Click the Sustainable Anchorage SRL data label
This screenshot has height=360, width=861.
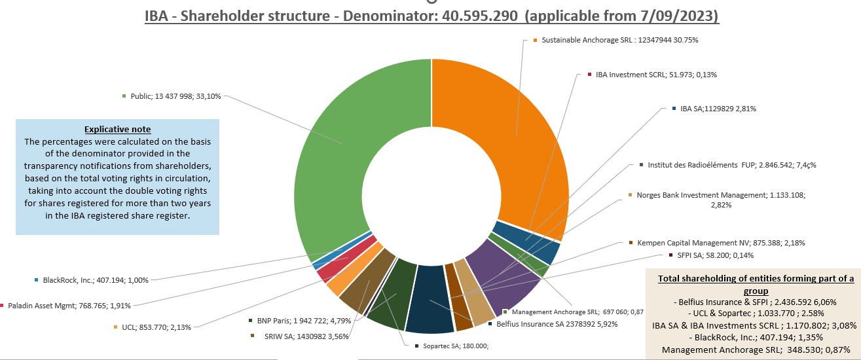point(619,40)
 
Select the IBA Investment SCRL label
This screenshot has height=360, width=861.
point(655,75)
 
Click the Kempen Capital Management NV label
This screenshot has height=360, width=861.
point(720,243)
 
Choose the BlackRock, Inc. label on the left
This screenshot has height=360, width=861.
point(95,280)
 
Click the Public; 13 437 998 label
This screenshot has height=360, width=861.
point(175,96)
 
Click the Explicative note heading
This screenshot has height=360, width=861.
point(117,130)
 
